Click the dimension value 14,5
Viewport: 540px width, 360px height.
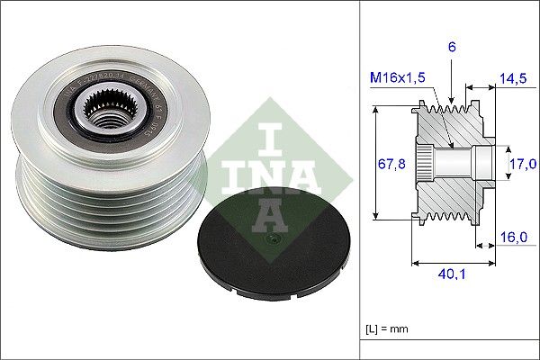coord(513,79)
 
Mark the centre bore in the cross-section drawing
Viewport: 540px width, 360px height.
coord(464,163)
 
